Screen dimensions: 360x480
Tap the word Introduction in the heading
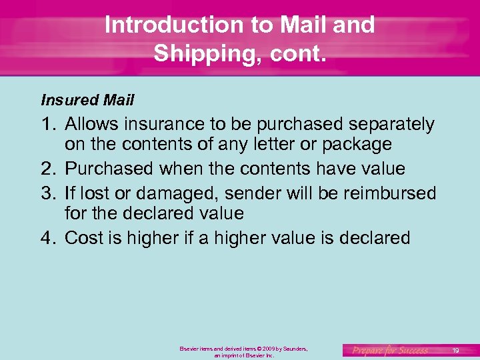pos(171,25)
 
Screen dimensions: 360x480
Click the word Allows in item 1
pos(93,125)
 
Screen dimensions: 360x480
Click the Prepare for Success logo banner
pos(391,350)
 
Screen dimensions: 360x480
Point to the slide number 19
pos(455,350)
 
